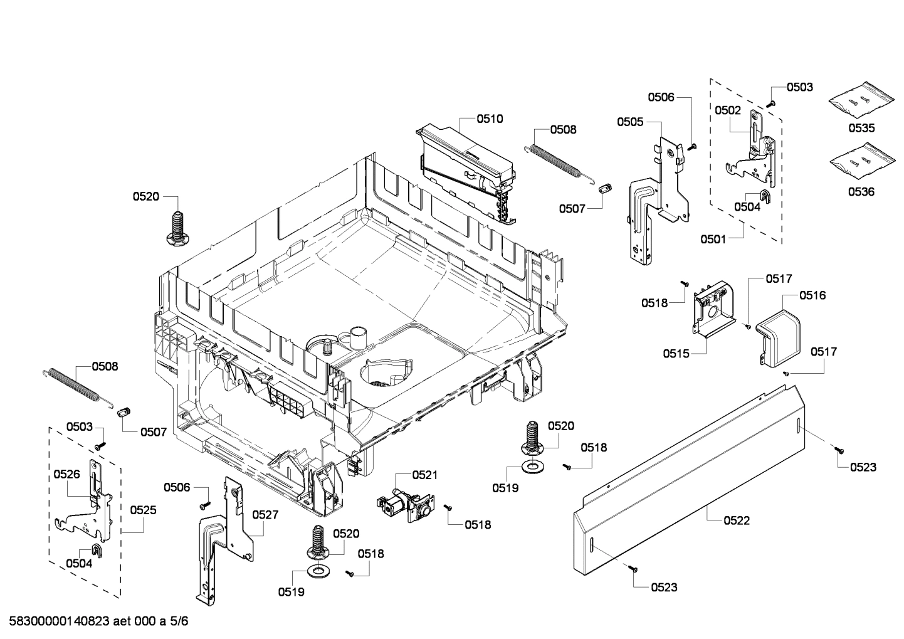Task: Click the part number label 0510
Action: [490, 119]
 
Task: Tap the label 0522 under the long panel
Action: [736, 520]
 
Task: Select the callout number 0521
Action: [426, 475]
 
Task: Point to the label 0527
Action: [265, 514]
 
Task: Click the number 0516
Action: [812, 295]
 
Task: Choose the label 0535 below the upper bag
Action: [861, 128]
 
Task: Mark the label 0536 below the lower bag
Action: [861, 192]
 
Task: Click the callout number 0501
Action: [713, 239]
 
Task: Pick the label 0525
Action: [143, 510]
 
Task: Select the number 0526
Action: [66, 474]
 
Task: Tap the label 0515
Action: [676, 354]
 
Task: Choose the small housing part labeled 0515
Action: [712, 310]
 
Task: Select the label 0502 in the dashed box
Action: [728, 110]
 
